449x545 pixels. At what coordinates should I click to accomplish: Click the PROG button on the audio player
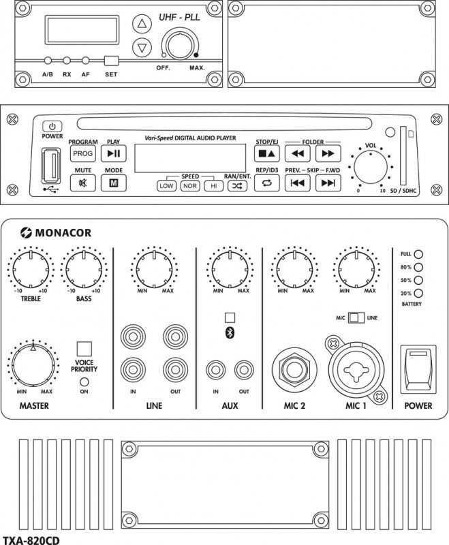pos(83,154)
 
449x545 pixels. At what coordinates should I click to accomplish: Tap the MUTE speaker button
pos(83,183)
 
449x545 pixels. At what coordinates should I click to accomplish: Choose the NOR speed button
pos(190,185)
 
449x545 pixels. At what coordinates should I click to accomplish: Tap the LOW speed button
pos(166,185)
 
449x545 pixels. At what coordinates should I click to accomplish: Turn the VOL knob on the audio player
pos(371,168)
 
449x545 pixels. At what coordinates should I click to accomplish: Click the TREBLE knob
pos(31,268)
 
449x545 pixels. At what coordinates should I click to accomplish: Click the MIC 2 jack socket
pos(294,371)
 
